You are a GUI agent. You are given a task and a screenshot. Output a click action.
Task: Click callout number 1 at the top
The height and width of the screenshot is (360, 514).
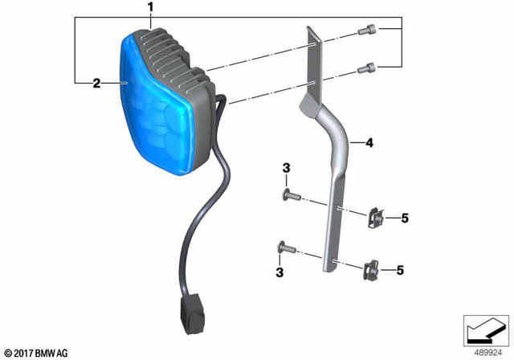click(149, 8)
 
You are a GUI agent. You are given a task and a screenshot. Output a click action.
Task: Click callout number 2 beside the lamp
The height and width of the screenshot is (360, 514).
click(96, 83)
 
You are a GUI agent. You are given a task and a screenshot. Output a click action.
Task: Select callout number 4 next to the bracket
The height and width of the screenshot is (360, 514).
click(369, 144)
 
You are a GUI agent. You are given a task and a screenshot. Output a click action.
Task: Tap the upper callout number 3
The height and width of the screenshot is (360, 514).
click(284, 168)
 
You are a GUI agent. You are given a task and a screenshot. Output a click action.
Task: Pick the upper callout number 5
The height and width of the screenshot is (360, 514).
click(405, 218)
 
